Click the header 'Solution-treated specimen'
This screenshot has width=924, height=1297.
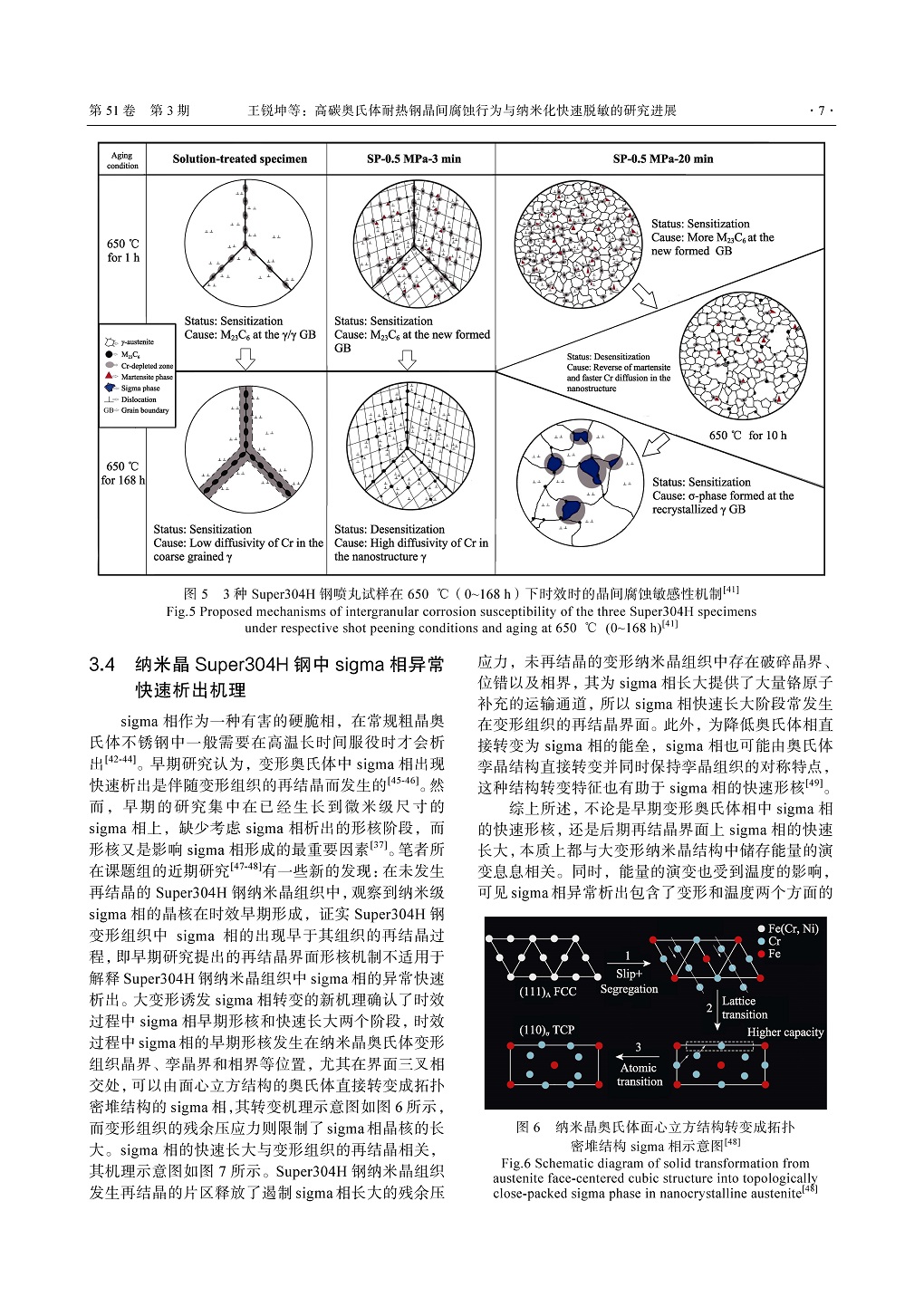point(240,159)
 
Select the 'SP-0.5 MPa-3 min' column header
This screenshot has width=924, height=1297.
point(413,159)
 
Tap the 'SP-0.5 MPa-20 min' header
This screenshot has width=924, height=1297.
point(662,159)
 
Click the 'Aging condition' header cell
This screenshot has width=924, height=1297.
point(122,160)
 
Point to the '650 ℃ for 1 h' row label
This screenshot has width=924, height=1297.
point(123,250)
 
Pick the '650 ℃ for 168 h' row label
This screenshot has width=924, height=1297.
point(123,473)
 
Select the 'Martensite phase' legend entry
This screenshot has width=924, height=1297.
point(146,377)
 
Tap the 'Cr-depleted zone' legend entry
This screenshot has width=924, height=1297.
point(146,366)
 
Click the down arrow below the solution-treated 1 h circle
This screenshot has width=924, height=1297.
point(245,360)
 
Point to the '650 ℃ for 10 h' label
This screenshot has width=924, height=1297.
point(747,436)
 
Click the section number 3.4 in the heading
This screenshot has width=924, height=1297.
point(102,665)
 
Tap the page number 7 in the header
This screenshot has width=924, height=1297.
point(821,110)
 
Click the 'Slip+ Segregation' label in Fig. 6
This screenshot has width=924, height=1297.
point(629,981)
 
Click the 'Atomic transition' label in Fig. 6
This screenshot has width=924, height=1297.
point(639,1074)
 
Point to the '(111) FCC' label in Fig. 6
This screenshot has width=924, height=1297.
point(547,992)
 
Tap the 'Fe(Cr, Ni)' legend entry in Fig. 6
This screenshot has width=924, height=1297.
point(792,928)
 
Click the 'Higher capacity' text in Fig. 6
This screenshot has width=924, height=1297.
point(784,1033)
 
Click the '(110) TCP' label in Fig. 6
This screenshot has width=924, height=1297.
point(546,1030)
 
